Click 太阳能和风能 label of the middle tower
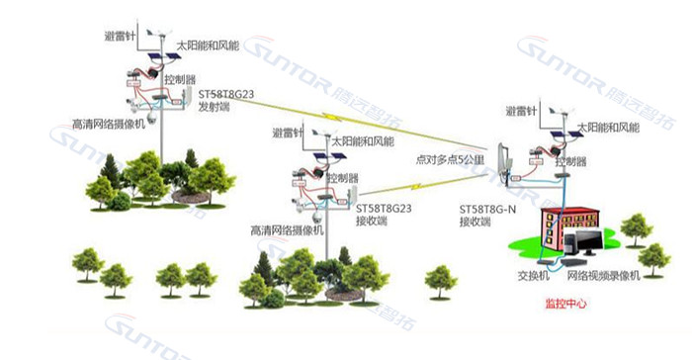pos(370,140)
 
